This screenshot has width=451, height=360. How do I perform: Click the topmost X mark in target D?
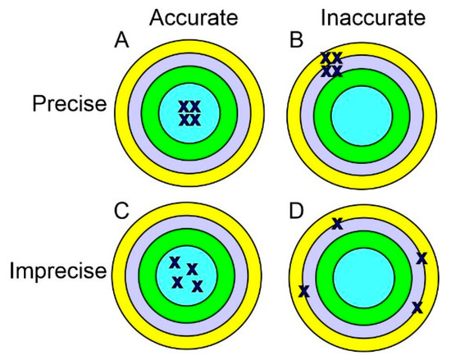(336, 223)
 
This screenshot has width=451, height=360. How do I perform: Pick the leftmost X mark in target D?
(304, 291)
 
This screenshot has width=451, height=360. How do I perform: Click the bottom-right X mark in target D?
(417, 307)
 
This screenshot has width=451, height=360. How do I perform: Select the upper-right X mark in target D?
(421, 258)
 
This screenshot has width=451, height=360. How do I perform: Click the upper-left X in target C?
(174, 262)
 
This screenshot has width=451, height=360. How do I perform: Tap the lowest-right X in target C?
(197, 286)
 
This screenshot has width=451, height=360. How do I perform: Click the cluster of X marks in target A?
(189, 113)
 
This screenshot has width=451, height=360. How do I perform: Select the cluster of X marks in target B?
(331, 65)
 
